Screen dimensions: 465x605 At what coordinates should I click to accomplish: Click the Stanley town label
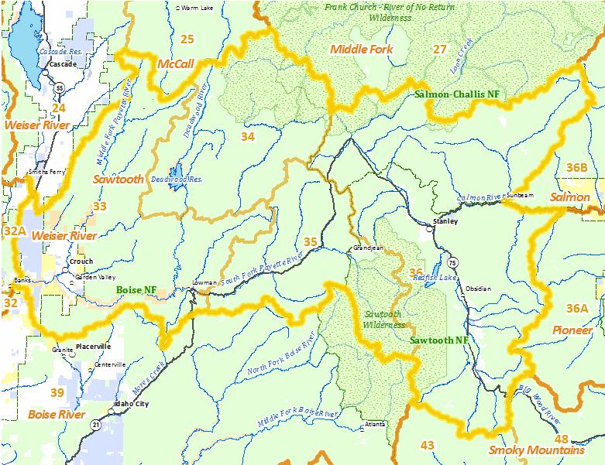tap(446, 221)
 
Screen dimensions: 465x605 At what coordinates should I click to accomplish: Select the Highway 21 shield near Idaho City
tap(94, 424)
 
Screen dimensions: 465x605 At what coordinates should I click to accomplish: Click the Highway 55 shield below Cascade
tap(59, 88)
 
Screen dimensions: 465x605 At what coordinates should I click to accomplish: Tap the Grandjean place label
tap(368, 248)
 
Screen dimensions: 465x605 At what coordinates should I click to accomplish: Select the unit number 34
tap(247, 136)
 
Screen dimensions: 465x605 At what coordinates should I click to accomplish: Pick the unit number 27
tap(439, 50)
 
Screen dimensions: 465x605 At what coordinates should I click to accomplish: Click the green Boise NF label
tap(137, 289)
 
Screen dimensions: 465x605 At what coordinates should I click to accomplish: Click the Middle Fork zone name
tap(362, 50)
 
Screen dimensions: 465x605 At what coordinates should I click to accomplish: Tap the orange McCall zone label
tap(174, 64)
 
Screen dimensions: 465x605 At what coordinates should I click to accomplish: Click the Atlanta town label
tap(374, 424)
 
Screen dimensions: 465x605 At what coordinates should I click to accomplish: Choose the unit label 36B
tap(576, 167)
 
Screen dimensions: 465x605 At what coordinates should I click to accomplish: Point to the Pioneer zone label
tap(572, 330)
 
